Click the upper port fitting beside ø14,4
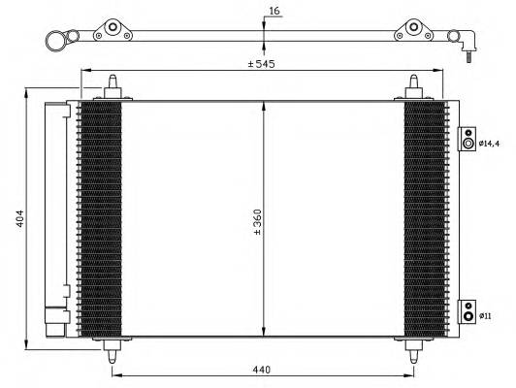468,142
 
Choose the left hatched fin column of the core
100,218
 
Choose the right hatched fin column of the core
424,218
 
